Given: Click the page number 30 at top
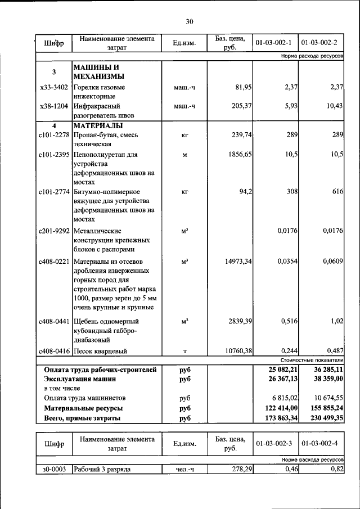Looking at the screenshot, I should pyautogui.click(x=189, y=22).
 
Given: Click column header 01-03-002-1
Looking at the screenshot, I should pyautogui.click(x=274, y=43).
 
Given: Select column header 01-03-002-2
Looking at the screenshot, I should pyautogui.click(x=319, y=43).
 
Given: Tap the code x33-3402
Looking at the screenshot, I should pyautogui.click(x=54, y=87).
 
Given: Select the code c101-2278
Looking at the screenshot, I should pyautogui.click(x=54, y=135).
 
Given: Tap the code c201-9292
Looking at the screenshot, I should pyautogui.click(x=54, y=231).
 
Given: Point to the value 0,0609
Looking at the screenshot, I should pyautogui.click(x=332, y=261).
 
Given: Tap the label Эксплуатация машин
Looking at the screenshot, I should pyautogui.click(x=79, y=379).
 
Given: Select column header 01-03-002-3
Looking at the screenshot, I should pyautogui.click(x=274, y=444).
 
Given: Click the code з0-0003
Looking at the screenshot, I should pyautogui.click(x=54, y=469).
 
